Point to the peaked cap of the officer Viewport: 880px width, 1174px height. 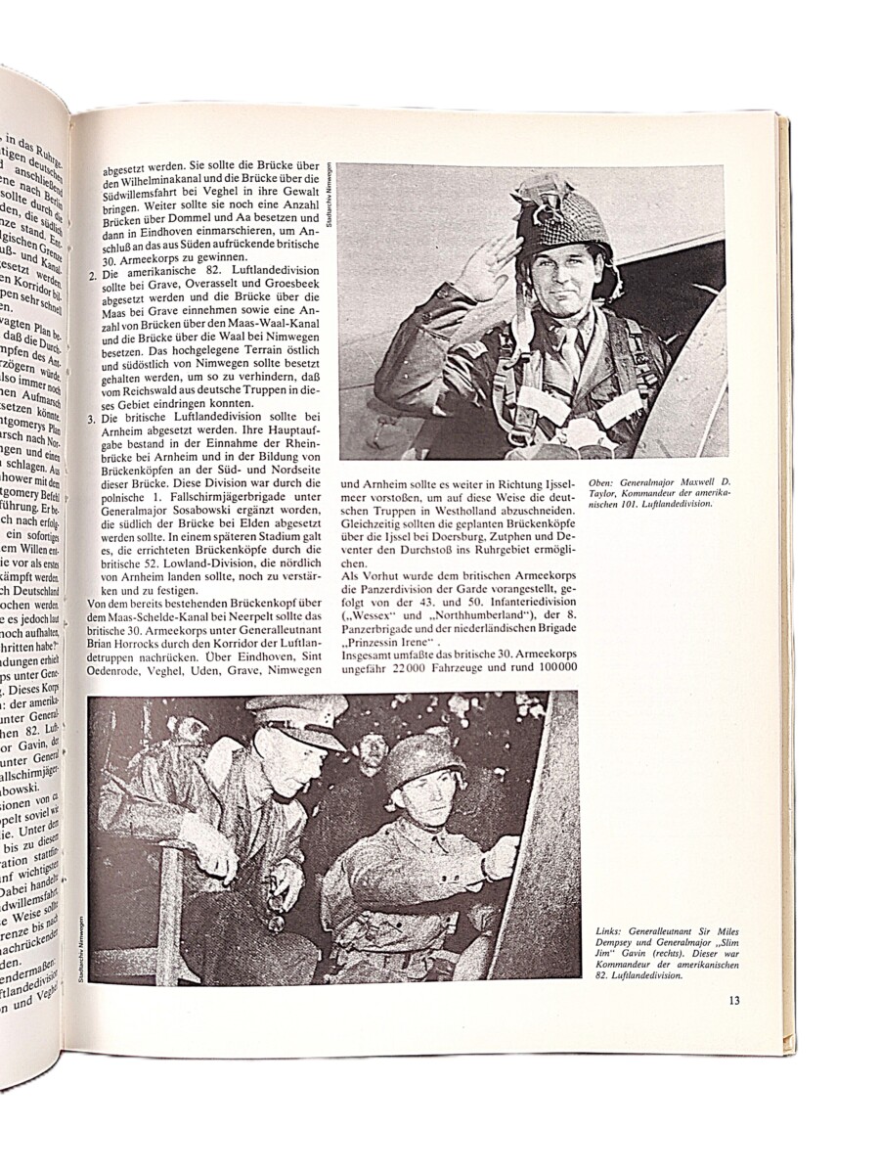[x=297, y=718]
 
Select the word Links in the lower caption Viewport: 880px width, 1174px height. [x=609, y=933]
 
